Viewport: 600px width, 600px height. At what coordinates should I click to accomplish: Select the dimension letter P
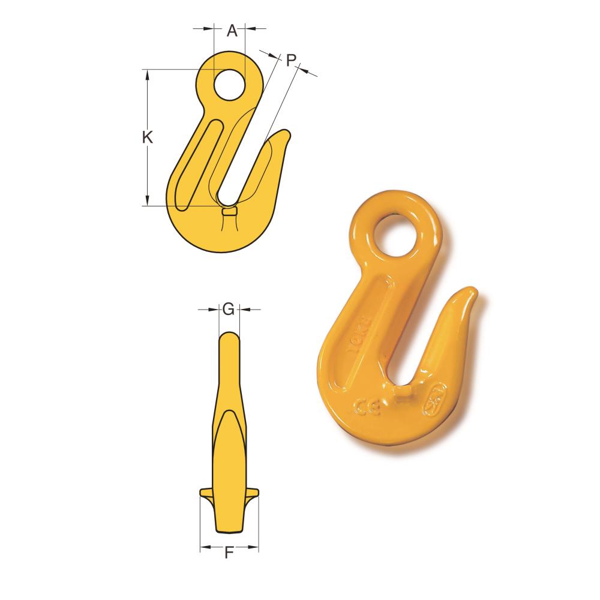[x=290, y=59]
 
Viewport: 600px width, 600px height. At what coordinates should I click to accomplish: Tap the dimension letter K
[x=148, y=137]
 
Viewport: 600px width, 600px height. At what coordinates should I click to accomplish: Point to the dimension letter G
[x=228, y=310]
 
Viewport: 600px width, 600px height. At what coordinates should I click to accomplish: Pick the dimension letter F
[x=229, y=553]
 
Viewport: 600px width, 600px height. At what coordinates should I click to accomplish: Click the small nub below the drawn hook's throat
[x=229, y=211]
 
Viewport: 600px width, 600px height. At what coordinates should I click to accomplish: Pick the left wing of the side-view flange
[x=206, y=493]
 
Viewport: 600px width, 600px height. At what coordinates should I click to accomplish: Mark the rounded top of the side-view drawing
[x=229, y=335]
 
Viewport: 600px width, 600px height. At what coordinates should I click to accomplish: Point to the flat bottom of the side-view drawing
[x=229, y=531]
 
